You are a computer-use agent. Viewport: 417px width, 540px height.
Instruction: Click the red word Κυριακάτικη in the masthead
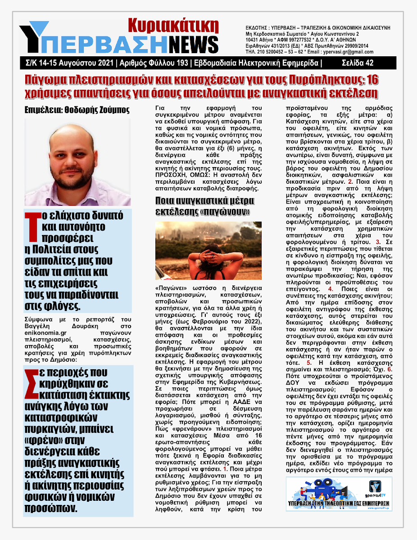(173, 26)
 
